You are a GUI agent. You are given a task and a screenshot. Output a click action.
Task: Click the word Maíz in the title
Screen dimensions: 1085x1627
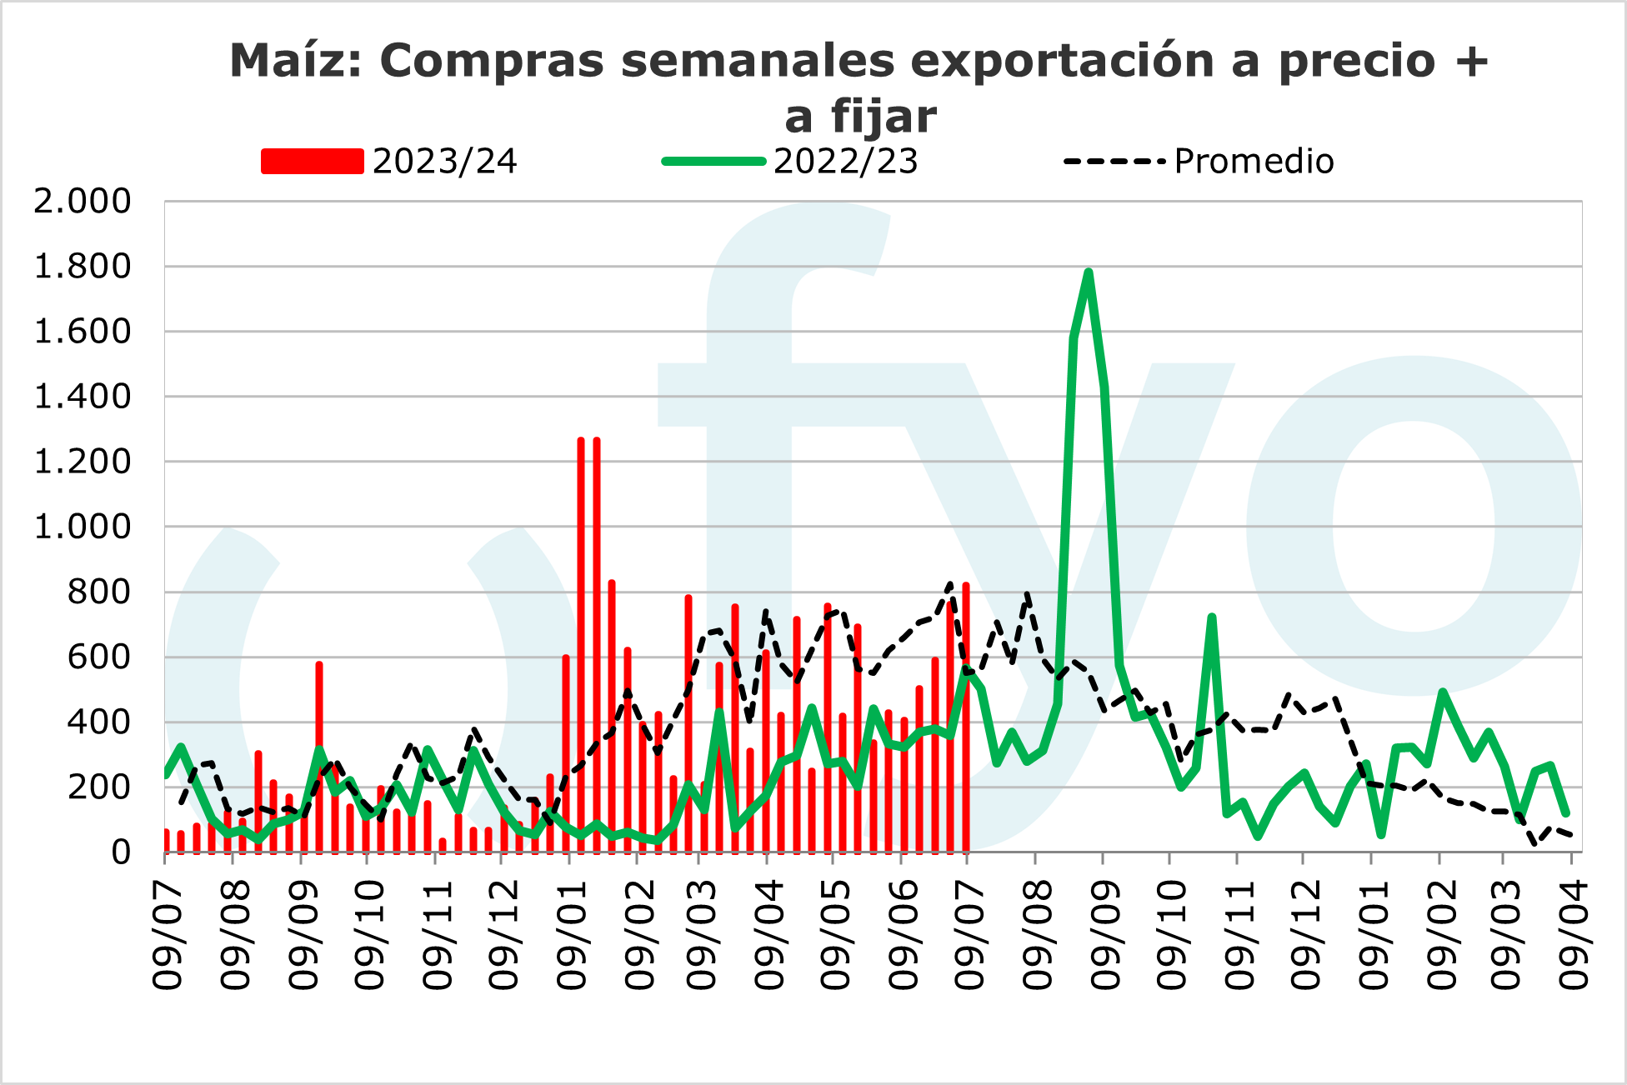[x=296, y=61]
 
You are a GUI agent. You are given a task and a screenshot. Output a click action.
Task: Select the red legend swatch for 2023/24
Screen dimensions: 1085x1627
[x=313, y=161]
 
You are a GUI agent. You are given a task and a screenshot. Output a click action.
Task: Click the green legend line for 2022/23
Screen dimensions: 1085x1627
[x=713, y=161]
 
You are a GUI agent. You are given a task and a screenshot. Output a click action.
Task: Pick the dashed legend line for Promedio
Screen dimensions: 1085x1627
[x=1114, y=161]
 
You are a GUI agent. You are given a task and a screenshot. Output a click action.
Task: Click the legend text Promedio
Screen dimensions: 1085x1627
[x=1254, y=161]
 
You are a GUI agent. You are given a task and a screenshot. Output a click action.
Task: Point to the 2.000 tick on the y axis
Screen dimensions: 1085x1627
[x=83, y=201]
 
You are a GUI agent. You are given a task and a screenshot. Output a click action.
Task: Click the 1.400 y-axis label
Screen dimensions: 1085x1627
[x=83, y=397]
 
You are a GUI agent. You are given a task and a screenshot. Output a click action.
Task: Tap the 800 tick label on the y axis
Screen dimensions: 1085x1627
[x=99, y=592]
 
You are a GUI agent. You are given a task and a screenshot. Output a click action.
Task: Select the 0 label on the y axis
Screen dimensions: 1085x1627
[x=122, y=852]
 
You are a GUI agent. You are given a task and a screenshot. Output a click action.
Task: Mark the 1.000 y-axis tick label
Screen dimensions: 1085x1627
[x=83, y=527]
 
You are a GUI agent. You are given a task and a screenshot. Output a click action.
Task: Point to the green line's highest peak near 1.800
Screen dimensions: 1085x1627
[x=1089, y=272]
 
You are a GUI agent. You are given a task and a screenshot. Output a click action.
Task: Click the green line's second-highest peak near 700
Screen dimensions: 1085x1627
[x=1212, y=617]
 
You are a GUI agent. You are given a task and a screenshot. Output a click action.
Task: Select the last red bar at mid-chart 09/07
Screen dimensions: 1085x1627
[x=966, y=717]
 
